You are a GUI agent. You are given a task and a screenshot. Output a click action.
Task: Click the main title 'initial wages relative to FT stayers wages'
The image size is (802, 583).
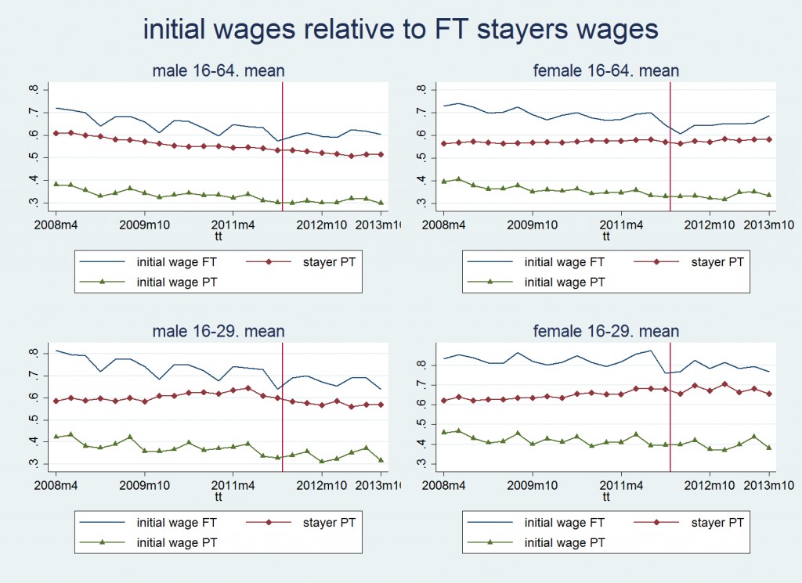pos(400,29)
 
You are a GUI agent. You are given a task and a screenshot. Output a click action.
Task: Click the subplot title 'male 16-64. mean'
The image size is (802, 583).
pos(218,71)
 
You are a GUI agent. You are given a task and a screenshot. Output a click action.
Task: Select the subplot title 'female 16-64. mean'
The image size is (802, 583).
pos(605,71)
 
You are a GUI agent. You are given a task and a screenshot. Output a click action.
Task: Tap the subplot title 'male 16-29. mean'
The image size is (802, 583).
pos(218,331)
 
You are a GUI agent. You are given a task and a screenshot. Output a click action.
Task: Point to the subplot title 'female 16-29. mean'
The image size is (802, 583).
pos(605,331)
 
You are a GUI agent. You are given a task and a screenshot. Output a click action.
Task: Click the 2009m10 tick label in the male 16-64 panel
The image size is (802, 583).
pos(145,223)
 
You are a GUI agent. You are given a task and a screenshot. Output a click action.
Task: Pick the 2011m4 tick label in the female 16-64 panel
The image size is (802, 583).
pos(621,223)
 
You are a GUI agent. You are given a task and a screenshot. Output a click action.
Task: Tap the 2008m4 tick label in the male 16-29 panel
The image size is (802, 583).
pos(56,484)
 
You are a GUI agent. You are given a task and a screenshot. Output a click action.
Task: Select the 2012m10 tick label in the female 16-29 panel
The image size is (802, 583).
pos(710,484)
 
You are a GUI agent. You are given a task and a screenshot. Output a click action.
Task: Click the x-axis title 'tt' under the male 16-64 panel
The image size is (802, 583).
pos(218,234)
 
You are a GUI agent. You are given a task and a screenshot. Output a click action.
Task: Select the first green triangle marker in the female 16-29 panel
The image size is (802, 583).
pos(444,432)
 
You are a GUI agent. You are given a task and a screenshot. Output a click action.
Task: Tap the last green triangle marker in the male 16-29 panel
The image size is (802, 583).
pos(381,460)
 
